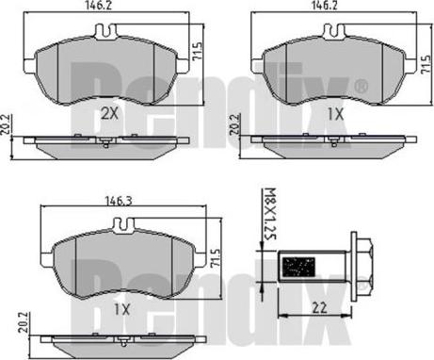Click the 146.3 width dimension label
(119, 201)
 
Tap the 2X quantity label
(110, 113)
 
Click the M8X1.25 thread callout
(270, 214)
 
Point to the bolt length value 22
(319, 308)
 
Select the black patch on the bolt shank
(298, 267)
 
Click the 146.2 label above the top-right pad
(324, 6)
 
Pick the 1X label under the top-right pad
(336, 114)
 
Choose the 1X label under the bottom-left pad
(121, 310)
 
